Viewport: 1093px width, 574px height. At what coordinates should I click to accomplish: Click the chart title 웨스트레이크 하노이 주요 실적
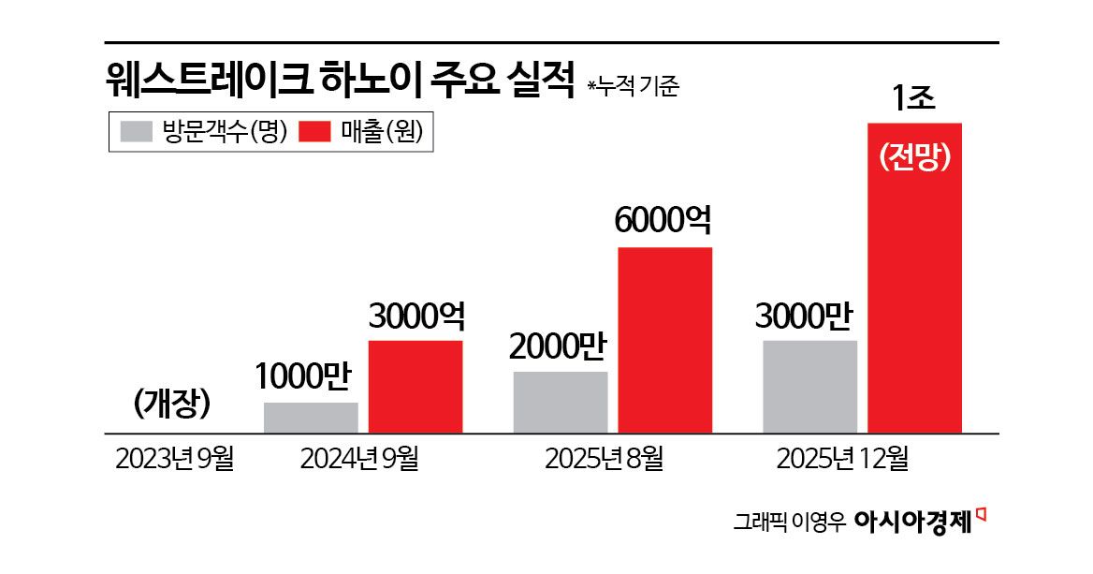pos(338,82)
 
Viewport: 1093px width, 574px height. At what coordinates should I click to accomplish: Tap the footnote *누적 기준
pos(633,87)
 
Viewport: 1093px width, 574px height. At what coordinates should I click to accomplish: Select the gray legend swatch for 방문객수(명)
pos(136,132)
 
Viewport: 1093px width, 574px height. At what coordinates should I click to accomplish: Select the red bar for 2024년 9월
pos(415,386)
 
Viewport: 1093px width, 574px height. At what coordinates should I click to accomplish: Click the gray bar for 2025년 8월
pos(561,402)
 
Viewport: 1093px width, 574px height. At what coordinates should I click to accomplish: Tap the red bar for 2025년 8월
pos(665,339)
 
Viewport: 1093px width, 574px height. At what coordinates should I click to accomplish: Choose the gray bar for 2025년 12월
pos(810,386)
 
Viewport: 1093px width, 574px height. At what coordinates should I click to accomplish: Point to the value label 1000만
pos(301,377)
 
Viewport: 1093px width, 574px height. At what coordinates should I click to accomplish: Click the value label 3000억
pos(416,316)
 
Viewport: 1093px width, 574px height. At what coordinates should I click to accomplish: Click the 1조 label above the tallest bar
pos(914,98)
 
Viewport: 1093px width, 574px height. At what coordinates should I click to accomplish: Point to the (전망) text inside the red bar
pos(915,158)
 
